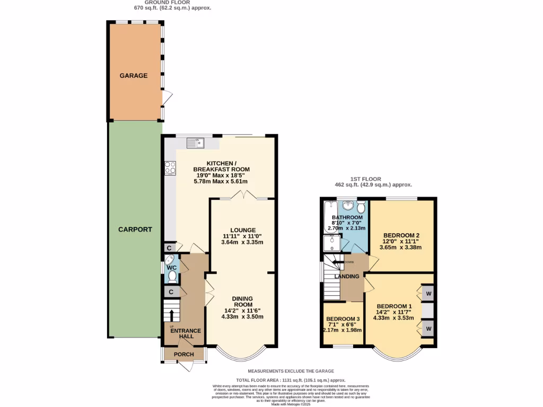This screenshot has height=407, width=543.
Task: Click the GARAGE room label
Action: click(133, 76)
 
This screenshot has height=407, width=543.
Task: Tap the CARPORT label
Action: click(135, 230)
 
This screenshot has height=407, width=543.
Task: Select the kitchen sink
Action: click(195, 143)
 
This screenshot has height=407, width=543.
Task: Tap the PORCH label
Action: click(184, 355)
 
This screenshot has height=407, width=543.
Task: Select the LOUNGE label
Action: click(242, 230)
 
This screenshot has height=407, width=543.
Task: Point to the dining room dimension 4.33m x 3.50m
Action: click(242, 317)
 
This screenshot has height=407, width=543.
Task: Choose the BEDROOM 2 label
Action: click(402, 236)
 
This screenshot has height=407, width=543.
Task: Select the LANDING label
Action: click(346, 277)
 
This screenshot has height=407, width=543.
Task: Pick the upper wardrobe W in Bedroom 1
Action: click(428, 294)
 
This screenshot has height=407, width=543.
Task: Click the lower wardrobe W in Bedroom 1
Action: click(428, 329)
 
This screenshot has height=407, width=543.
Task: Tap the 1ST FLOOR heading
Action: click(365, 179)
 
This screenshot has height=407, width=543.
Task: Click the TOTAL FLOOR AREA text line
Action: click(291, 381)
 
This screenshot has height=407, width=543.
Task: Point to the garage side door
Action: click(167, 98)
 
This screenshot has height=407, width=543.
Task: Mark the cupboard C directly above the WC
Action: click(169, 248)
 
